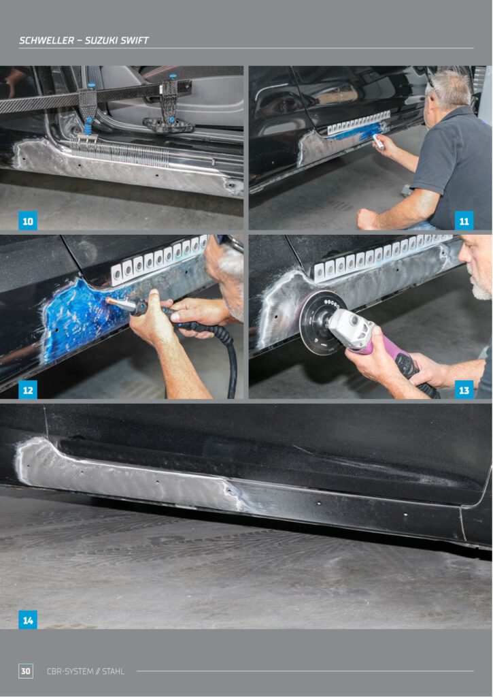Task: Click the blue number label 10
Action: click(27, 221)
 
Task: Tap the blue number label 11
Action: click(464, 221)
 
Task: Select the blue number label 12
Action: click(27, 390)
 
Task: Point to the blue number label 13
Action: click(464, 390)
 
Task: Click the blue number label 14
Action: click(27, 619)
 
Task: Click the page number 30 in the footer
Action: click(26, 671)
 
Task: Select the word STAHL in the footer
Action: click(114, 671)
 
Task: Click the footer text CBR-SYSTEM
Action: click(70, 671)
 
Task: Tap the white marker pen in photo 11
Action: click(378, 142)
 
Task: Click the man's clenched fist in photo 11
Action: click(369, 218)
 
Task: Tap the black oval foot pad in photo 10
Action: click(169, 125)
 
